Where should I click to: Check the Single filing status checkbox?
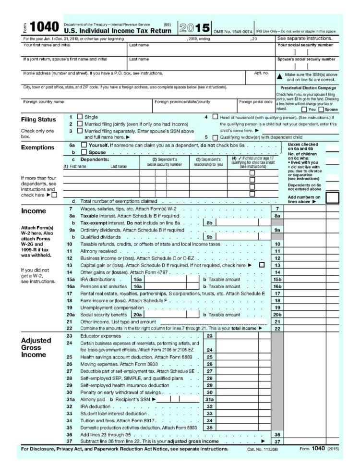tap(80, 117)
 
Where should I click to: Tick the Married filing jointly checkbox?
tap(80, 124)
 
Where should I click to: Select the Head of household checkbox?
tap(215, 117)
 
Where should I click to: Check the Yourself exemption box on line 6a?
tap(84, 145)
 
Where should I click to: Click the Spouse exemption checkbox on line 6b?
tap(84, 152)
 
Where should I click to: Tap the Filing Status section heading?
tap(38, 120)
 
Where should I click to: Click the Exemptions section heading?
tap(37, 147)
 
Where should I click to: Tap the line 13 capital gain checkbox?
tap(262, 265)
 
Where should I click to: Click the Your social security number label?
tap(305, 45)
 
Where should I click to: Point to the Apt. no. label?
tap(262, 73)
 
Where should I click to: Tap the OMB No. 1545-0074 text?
tap(232, 31)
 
